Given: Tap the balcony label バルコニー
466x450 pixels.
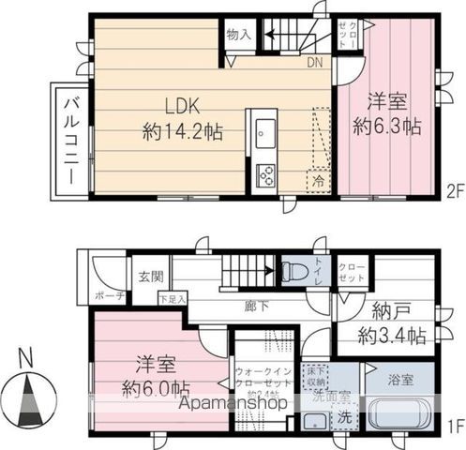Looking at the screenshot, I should tap(71, 140).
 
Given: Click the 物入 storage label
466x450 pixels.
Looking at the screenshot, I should tap(238, 35).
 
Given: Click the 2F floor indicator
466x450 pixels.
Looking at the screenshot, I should tap(455, 191).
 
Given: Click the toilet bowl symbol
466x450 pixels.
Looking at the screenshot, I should tap(293, 272).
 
